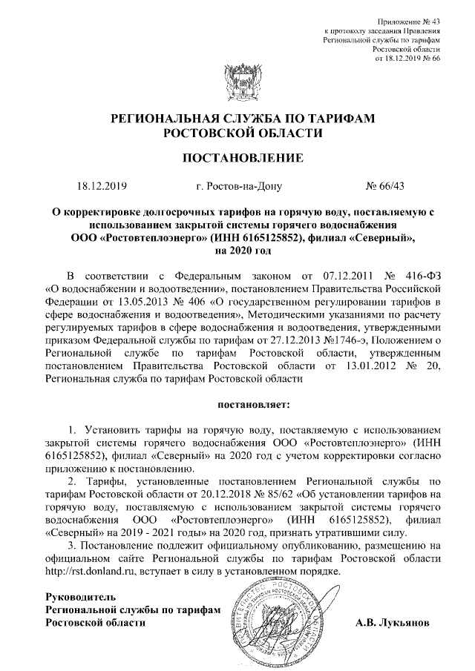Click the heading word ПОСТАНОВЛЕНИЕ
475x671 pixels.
(237, 158)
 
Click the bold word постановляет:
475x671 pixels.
(255, 405)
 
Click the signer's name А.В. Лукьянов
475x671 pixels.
(393, 622)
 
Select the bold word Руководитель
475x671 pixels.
(81, 596)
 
